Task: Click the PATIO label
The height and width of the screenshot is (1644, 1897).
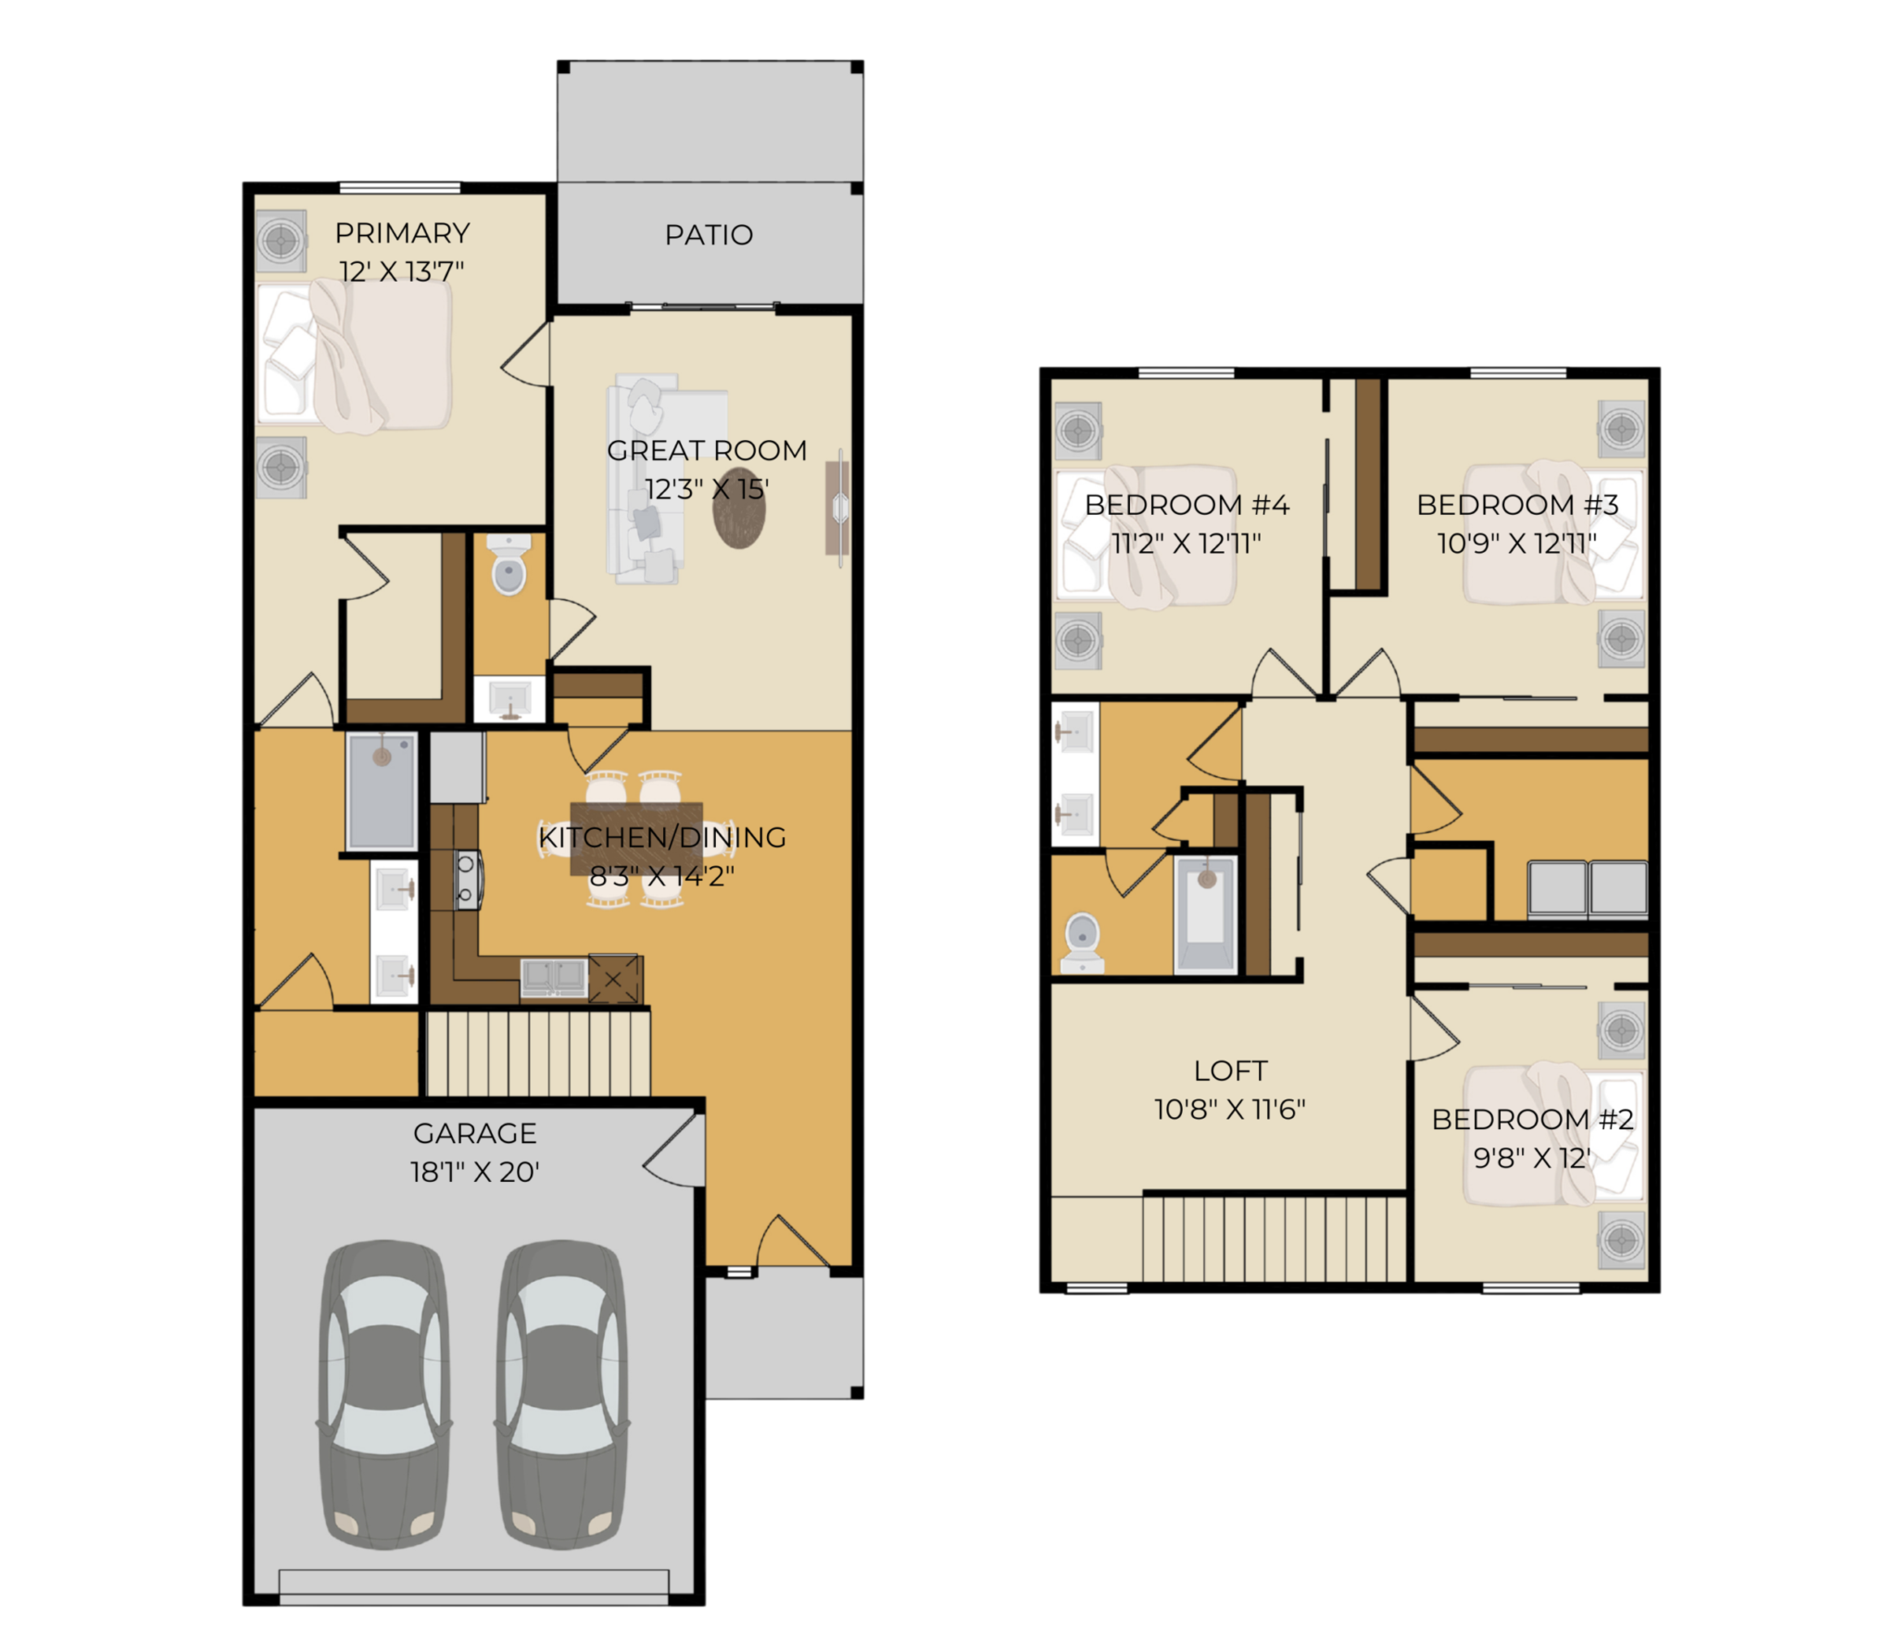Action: click(x=709, y=235)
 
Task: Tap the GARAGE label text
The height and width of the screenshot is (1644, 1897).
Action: click(x=474, y=1133)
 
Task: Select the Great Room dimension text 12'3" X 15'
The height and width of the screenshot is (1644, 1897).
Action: click(x=706, y=488)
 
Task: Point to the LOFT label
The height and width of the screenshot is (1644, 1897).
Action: click(x=1230, y=1071)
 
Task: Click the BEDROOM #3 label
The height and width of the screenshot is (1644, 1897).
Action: click(x=1517, y=505)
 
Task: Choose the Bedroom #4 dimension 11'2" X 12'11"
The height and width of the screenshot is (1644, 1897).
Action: click(x=1186, y=543)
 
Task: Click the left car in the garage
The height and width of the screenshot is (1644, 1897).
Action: click(x=383, y=1394)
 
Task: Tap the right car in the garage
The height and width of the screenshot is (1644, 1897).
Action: click(x=561, y=1394)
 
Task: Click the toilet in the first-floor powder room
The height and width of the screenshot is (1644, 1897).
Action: click(x=509, y=564)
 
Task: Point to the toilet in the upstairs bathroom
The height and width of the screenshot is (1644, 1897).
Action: click(x=1082, y=943)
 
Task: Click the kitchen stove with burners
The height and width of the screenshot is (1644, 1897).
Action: click(x=467, y=879)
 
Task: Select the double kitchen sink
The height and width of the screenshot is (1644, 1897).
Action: click(x=554, y=976)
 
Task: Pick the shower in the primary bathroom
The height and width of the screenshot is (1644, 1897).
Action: click(x=382, y=790)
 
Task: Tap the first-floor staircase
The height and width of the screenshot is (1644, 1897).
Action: click(x=537, y=1053)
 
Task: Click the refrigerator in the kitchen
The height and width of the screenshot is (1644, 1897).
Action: click(x=458, y=768)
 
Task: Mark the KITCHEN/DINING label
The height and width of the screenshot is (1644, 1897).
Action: click(x=662, y=837)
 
